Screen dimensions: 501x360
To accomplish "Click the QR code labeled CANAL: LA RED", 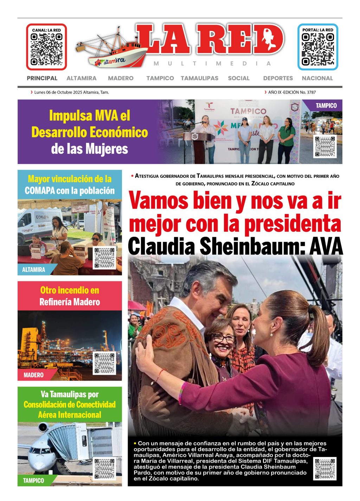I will (46, 50).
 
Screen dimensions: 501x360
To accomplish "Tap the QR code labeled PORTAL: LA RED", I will (317, 50).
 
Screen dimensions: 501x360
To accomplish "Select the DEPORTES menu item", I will (278, 78).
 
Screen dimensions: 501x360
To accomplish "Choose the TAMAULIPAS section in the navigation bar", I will (199, 78).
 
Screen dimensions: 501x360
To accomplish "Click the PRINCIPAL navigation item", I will (42, 78).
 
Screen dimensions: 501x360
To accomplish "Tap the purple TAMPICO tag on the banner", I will (326, 106).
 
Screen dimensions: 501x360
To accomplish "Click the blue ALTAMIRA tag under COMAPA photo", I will (34, 270).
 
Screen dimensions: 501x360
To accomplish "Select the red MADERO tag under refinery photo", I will (33, 375).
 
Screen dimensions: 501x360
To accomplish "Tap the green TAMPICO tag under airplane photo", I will (33, 481).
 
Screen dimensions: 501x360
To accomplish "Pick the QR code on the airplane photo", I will (104, 469).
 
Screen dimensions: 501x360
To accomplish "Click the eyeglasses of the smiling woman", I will (223, 338).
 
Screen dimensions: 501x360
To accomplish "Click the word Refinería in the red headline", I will (56, 302).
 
